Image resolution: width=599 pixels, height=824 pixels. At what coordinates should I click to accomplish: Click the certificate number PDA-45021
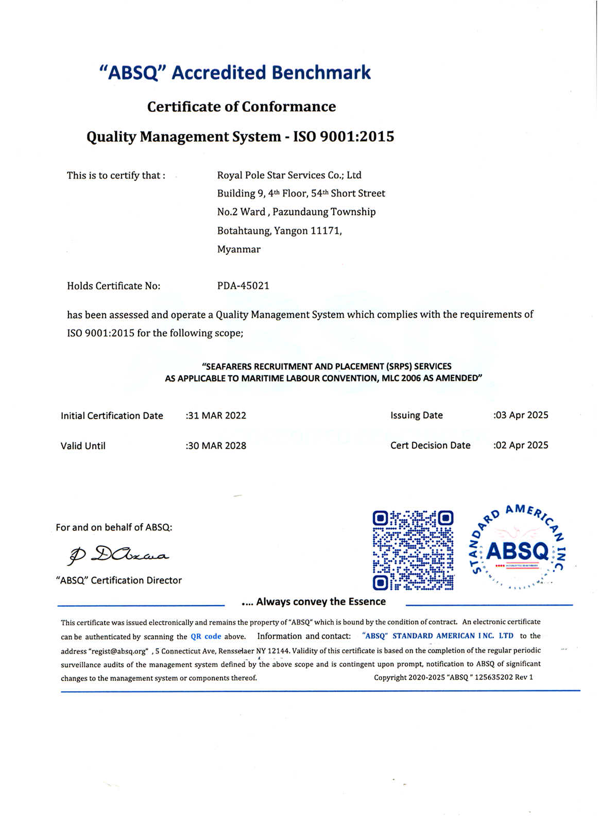coord(243,286)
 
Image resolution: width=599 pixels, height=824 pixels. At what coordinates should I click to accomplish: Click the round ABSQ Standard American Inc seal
coord(518,547)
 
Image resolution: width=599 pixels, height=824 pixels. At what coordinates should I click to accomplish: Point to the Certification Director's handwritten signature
coord(118,555)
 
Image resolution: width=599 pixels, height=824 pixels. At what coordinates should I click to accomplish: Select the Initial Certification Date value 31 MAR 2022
coord(217,416)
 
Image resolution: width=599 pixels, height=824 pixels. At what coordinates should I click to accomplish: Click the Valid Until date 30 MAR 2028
coord(217,446)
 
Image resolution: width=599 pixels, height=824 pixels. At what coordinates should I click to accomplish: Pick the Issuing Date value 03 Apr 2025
coord(521,415)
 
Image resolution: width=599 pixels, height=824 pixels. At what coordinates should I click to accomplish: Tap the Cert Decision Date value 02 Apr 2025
coord(521,445)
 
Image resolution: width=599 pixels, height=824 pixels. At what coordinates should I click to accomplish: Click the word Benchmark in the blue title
coord(321,73)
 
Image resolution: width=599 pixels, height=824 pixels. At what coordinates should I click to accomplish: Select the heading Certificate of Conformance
coord(242,107)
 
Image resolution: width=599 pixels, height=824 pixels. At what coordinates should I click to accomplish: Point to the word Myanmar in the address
coord(239,249)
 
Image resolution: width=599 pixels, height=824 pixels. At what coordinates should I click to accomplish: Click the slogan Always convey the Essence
coord(320,602)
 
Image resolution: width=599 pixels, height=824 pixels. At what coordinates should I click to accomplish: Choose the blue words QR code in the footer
coord(206,637)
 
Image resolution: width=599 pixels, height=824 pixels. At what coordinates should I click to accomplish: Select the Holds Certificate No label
coord(113,286)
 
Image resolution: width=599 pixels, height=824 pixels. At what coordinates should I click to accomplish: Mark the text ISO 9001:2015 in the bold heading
coord(344,136)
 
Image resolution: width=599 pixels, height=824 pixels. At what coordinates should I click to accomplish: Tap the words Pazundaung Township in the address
coord(324,212)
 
